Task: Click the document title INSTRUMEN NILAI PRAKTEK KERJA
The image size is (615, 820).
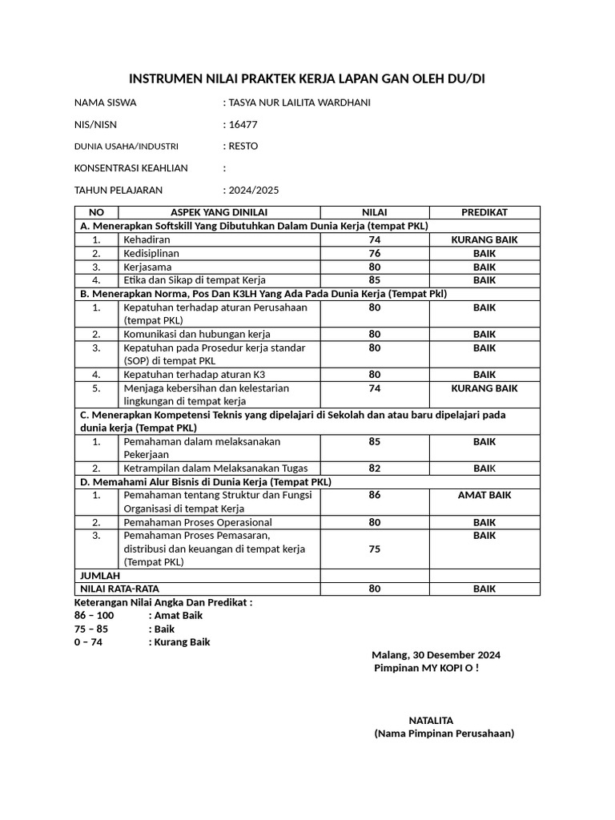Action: pyautogui.click(x=307, y=78)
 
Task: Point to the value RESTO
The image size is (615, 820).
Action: pyautogui.click(x=243, y=147)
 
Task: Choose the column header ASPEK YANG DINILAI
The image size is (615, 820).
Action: pyautogui.click(x=219, y=212)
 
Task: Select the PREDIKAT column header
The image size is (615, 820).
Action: pyautogui.click(x=484, y=212)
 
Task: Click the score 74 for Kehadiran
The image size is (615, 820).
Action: pyautogui.click(x=375, y=239)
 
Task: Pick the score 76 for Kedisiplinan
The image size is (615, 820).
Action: pyautogui.click(x=375, y=253)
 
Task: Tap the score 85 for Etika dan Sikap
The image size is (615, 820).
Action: pyautogui.click(x=375, y=280)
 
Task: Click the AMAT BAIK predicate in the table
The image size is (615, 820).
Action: pyautogui.click(x=484, y=496)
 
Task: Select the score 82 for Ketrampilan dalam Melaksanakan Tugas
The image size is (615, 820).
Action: pyautogui.click(x=375, y=468)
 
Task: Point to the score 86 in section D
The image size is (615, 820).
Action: pyautogui.click(x=375, y=496)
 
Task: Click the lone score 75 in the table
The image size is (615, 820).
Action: pyautogui.click(x=375, y=549)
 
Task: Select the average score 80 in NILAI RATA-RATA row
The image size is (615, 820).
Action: pyautogui.click(x=375, y=589)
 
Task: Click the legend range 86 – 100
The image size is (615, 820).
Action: pyautogui.click(x=94, y=616)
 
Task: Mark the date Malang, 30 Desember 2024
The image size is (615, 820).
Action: pyautogui.click(x=436, y=655)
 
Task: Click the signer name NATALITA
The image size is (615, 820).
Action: pyautogui.click(x=431, y=721)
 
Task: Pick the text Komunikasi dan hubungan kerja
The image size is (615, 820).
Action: pyautogui.click(x=196, y=334)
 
